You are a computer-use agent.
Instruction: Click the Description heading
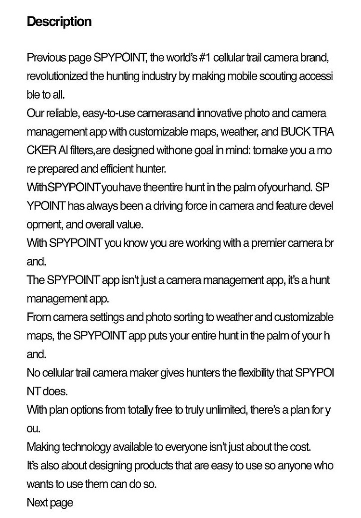pyautogui.click(x=59, y=22)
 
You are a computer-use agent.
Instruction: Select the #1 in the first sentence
pyautogui.click(x=204, y=58)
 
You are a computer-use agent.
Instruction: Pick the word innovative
pyautogui.click(x=219, y=114)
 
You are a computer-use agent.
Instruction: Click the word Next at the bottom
pyautogui.click(x=37, y=503)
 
